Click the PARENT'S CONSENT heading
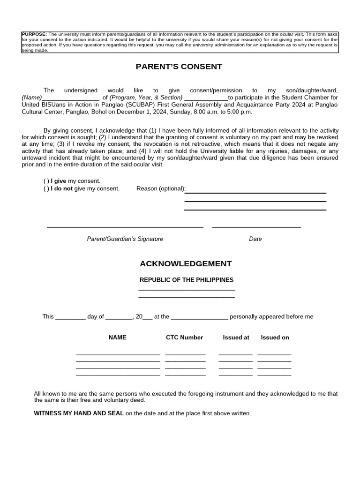[x=179, y=67]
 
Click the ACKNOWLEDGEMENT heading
[x=186, y=264]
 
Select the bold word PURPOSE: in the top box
[x=34, y=34]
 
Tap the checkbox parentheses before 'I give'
[x=46, y=181]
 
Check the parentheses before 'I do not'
[x=46, y=188]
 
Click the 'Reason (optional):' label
[x=161, y=188]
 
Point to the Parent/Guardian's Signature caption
[x=125, y=239]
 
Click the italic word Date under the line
[x=255, y=239]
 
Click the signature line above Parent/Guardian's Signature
[x=125, y=227]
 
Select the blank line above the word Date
[x=256, y=227]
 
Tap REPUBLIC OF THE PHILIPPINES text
[x=187, y=280]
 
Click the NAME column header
[x=117, y=337]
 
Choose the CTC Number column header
[x=185, y=337]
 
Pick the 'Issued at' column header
[x=236, y=337]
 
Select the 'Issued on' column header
[x=275, y=337]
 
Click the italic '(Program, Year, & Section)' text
[x=146, y=97]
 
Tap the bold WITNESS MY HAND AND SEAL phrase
[x=79, y=413]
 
